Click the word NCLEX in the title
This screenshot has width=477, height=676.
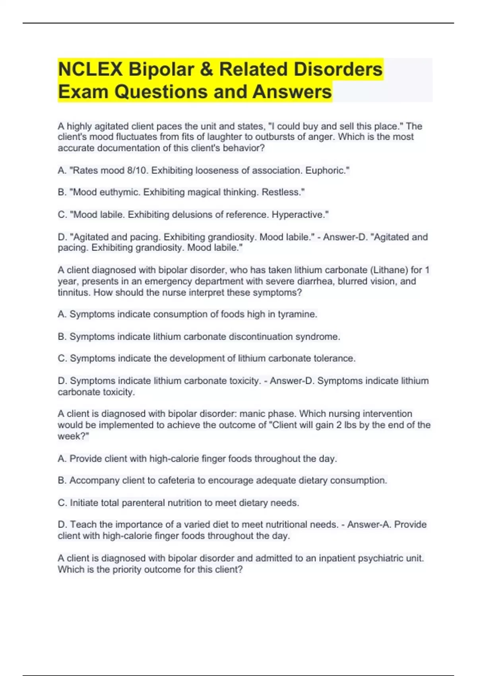[x=90, y=69]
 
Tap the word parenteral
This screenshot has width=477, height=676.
[x=143, y=503]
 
